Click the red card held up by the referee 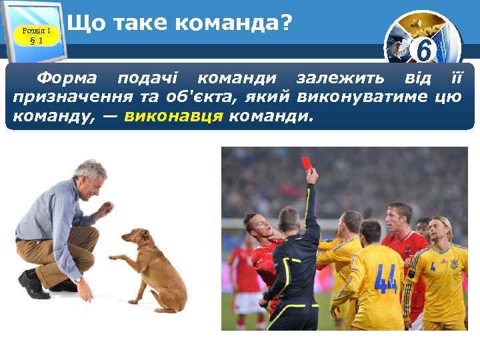pyautogui.click(x=307, y=163)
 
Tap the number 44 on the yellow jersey pyautogui.click(x=385, y=279)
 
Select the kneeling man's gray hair pyautogui.click(x=90, y=168)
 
